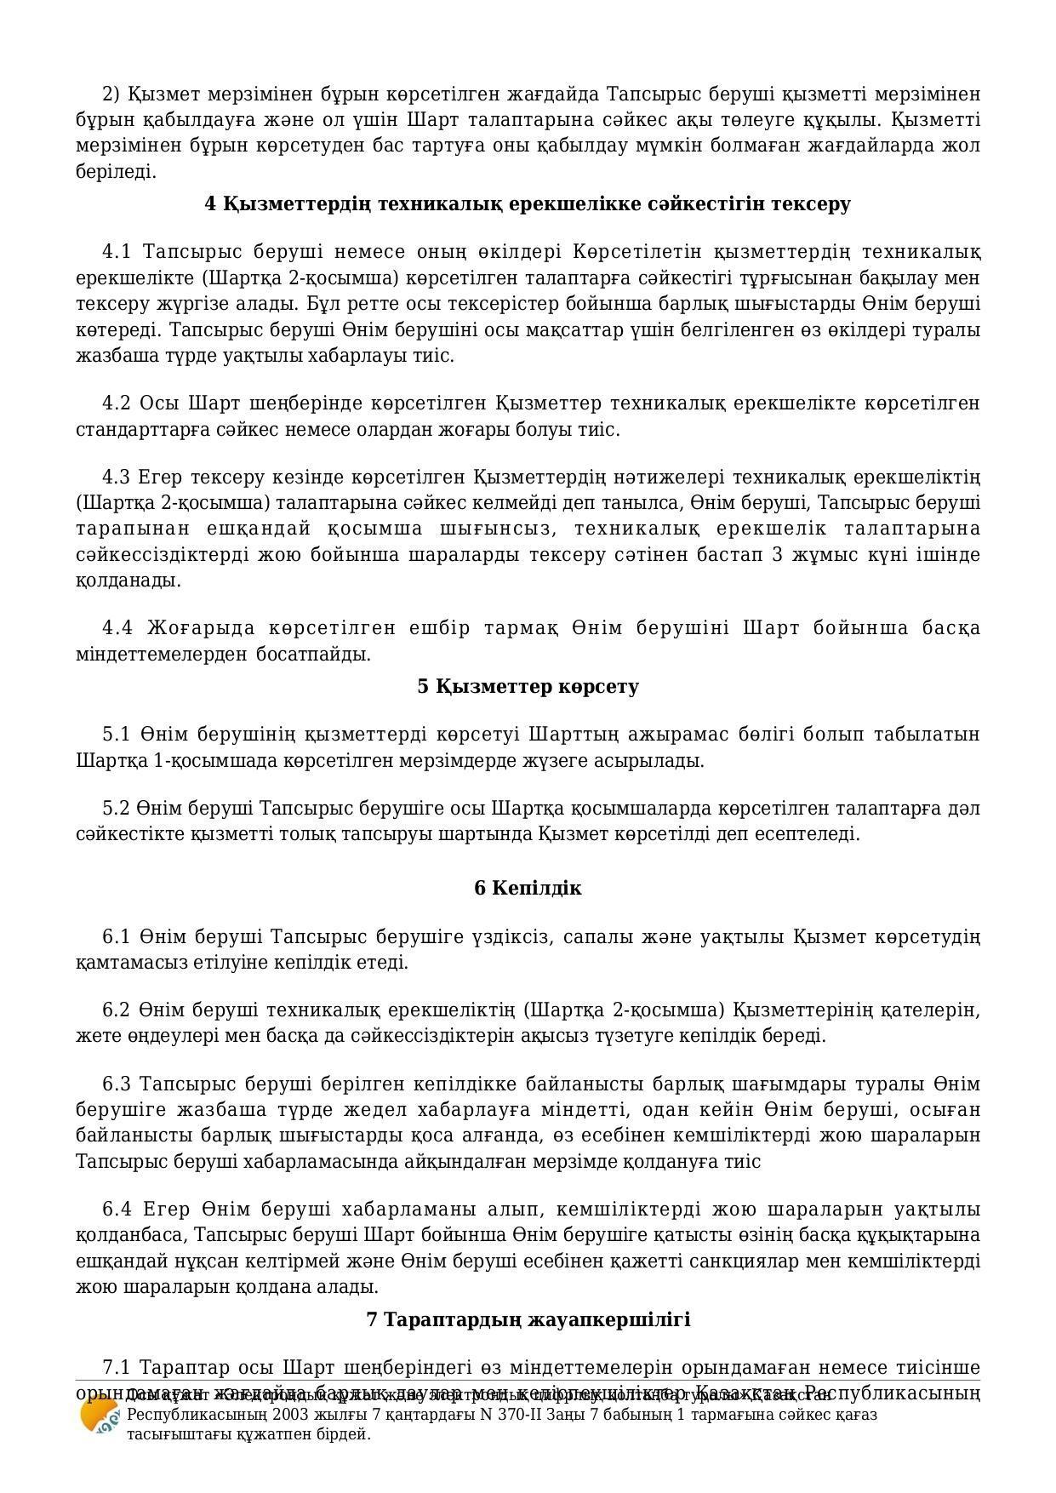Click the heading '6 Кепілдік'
(528, 888)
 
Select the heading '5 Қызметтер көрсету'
(528, 686)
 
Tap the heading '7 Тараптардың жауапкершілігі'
(528, 1319)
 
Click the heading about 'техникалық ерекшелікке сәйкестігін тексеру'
(528, 204)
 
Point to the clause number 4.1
(117, 252)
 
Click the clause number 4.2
(117, 403)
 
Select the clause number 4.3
(117, 476)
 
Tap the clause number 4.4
(117, 628)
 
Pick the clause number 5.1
(117, 734)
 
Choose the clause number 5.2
(117, 807)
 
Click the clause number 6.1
(117, 937)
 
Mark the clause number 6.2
(117, 1010)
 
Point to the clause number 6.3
(117, 1084)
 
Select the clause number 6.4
(117, 1209)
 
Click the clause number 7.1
(117, 1367)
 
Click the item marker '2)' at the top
(111, 94)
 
